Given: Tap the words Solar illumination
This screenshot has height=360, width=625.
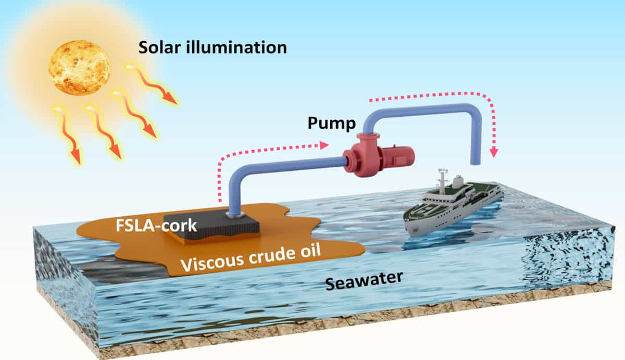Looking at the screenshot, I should click(213, 47).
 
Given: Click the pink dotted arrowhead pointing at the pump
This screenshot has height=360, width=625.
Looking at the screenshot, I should click(327, 145).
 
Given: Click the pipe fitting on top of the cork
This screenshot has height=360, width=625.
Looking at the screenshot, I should click(234, 213).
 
